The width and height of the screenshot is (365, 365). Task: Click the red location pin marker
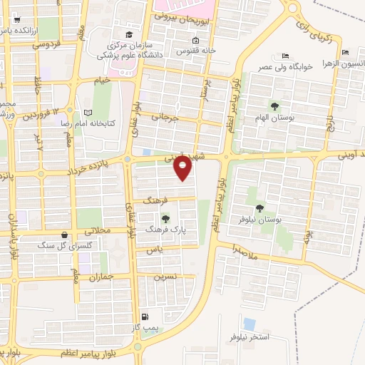point(183,168)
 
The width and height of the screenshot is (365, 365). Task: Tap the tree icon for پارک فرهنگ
point(165,218)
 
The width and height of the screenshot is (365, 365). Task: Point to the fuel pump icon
point(145,317)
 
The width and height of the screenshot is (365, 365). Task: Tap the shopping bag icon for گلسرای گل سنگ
point(66,234)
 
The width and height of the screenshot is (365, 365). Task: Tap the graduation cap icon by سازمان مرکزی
point(128,34)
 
